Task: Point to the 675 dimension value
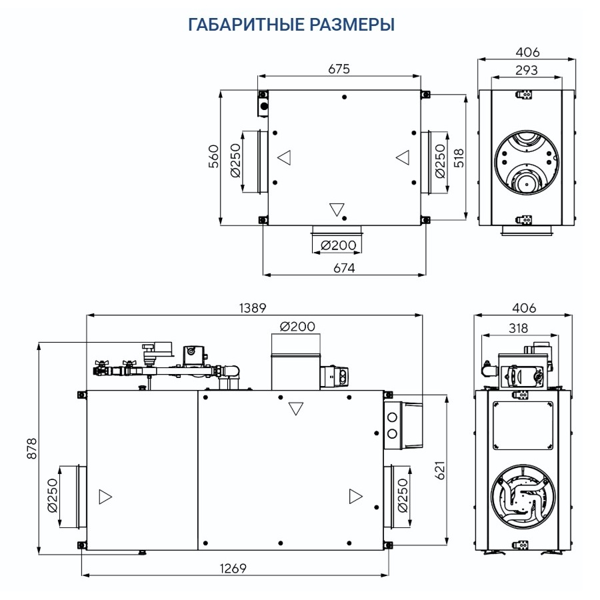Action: (339, 69)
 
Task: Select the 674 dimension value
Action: (343, 267)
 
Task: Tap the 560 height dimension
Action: (214, 157)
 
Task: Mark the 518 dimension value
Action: (459, 157)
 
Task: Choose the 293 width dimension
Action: (527, 70)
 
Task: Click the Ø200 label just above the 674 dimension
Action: (338, 245)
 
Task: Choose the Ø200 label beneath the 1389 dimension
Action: (297, 326)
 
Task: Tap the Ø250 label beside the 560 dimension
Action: (235, 162)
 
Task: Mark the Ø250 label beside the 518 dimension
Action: (440, 162)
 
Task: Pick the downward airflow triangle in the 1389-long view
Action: (296, 408)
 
